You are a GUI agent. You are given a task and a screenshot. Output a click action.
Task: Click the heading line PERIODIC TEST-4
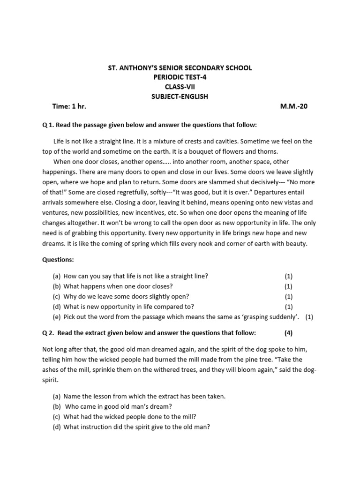coord(180,77)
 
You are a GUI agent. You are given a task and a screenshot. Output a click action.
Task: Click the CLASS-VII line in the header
coord(180,87)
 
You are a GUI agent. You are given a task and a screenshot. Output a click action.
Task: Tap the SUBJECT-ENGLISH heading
coord(180,97)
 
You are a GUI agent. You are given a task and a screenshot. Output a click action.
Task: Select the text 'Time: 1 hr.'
coord(69,106)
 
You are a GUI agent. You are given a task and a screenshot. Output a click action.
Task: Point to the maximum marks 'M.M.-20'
coord(294,106)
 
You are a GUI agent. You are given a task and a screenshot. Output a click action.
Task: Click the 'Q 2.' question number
coord(49,333)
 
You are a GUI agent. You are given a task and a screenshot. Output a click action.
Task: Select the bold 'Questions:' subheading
coord(58,259)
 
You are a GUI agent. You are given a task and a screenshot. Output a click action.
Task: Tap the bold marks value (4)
coord(288,333)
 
